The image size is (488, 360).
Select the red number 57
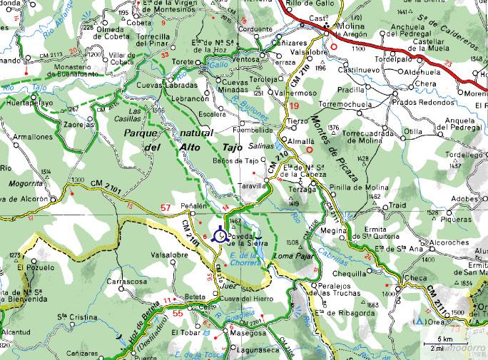166,208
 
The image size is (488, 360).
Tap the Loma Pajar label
294,255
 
